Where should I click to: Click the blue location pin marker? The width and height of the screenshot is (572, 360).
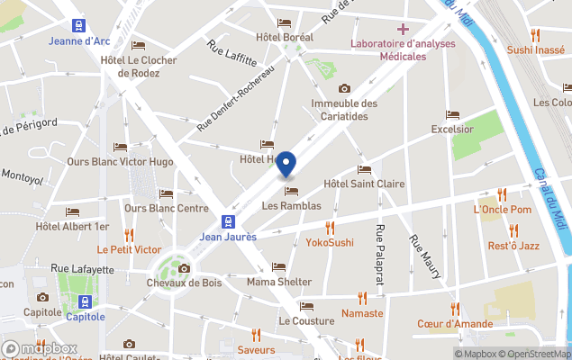coord(286,166)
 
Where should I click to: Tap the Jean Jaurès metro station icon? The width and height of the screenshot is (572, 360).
coord(231,221)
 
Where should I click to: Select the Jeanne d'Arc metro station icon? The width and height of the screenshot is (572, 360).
coord(78,25)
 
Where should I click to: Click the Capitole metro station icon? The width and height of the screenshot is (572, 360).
coord(85,301)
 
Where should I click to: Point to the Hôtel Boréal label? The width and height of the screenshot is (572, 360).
coord(285,37)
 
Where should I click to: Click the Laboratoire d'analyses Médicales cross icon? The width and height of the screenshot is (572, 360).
coord(403,29)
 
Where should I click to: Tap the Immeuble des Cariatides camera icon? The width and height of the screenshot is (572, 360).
coord(344,88)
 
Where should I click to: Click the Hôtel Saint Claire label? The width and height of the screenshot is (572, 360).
coord(363,184)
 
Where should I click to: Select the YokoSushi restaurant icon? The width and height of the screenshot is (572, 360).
coord(330,228)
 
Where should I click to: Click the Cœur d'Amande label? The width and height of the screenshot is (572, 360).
coord(454,324)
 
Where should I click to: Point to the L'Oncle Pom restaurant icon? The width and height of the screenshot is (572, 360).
coord(502,194)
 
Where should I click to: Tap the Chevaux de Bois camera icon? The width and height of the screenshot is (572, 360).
coord(184,268)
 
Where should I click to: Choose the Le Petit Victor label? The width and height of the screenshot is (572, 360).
coord(129,249)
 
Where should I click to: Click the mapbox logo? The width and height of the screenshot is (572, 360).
coord(40,348)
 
